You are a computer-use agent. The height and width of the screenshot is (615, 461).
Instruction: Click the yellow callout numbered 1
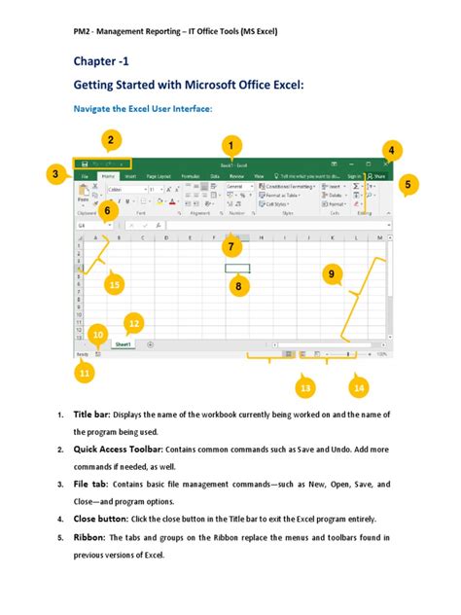coord(231,146)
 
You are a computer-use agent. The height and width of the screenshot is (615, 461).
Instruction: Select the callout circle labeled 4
coord(391,150)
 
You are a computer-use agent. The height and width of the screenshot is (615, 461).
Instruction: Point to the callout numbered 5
coord(408,183)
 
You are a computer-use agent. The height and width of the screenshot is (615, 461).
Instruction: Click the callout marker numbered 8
coord(237,285)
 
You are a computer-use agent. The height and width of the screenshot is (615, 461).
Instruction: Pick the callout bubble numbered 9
coord(333,275)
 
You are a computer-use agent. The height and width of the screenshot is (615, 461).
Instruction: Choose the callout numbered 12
coord(134,323)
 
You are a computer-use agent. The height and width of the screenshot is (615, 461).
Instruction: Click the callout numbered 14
coord(359,387)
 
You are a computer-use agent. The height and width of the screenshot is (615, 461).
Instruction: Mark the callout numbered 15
coord(115,284)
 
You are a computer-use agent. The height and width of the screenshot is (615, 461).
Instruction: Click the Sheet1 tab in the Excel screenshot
coord(124,344)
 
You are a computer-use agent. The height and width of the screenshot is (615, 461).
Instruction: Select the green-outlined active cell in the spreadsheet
coord(237,268)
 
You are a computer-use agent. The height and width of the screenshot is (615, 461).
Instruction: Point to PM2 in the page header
coord(83,31)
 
